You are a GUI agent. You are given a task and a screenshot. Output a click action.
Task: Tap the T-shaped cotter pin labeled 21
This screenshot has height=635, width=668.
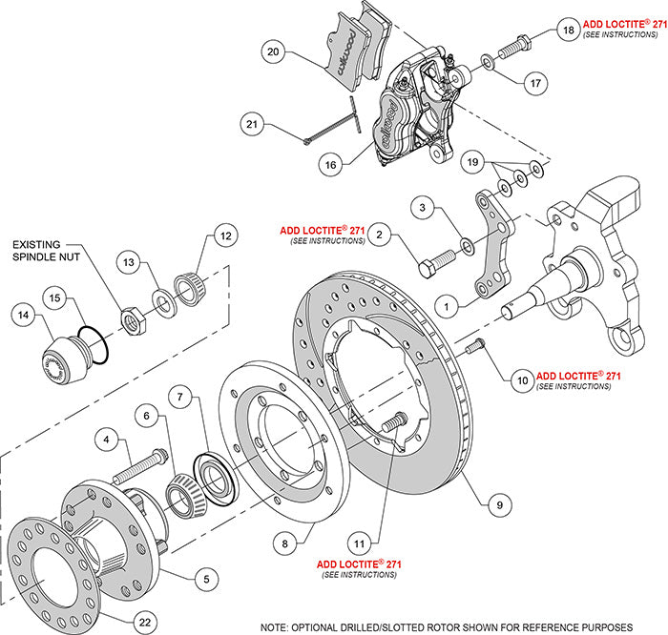(340, 123)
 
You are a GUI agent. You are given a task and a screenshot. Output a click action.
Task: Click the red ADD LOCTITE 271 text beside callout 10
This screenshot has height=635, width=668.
(578, 376)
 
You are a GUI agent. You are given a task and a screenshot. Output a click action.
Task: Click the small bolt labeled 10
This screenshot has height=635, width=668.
(474, 348)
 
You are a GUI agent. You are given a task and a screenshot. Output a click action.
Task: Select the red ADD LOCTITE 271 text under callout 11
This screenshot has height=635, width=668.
(360, 564)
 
